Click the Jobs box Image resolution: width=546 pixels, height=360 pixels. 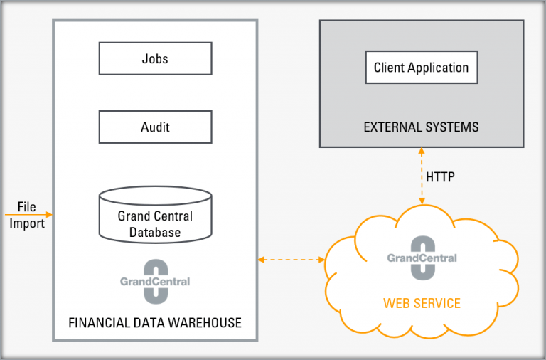tap(155, 58)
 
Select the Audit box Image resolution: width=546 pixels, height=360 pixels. tap(155, 127)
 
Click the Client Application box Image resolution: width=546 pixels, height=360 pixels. tap(422, 68)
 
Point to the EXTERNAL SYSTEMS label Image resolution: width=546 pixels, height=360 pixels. tap(422, 128)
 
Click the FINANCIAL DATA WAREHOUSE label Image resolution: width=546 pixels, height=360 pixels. tap(155, 323)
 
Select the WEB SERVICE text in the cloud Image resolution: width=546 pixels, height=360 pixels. tap(422, 304)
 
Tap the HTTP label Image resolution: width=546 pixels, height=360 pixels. tap(441, 176)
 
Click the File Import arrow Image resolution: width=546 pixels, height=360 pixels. tap(28, 214)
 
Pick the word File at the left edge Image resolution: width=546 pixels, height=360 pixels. tap(27, 206)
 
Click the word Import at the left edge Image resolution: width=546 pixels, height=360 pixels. tap(27, 223)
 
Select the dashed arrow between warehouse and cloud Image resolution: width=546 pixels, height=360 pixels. tap(291, 260)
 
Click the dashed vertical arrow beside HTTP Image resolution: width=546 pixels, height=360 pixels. tap(422, 176)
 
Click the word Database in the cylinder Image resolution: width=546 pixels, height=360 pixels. tap(155, 232)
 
